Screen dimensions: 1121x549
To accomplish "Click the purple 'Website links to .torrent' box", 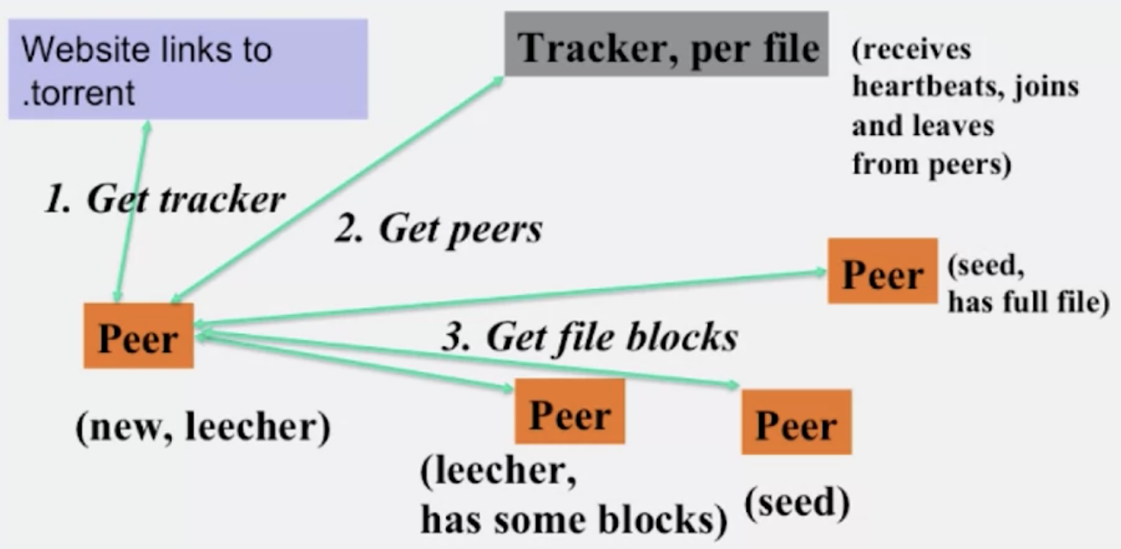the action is pyautogui.click(x=188, y=69).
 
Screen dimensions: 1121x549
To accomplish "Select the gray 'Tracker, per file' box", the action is pyautogui.click(x=666, y=44).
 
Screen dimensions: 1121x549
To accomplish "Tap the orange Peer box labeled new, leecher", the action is pyautogui.click(x=138, y=336).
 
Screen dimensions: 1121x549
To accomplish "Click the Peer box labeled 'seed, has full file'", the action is pyautogui.click(x=882, y=271).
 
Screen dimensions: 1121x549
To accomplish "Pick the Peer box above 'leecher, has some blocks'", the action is pyautogui.click(x=569, y=411).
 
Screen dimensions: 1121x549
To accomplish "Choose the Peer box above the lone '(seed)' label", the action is pyautogui.click(x=796, y=422).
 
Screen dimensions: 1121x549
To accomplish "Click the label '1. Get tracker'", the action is pyautogui.click(x=165, y=200).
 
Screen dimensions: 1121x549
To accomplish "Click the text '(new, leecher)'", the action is pyautogui.click(x=203, y=428).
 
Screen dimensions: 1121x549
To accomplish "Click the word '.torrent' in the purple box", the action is pyautogui.click(x=78, y=93).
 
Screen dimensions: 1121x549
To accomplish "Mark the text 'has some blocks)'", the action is pyautogui.click(x=574, y=521).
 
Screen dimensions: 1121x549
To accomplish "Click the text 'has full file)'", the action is pyautogui.click(x=1029, y=303).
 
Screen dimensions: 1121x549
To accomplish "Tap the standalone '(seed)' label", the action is pyautogui.click(x=798, y=503).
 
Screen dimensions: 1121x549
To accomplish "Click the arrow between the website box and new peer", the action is pyautogui.click(x=132, y=212).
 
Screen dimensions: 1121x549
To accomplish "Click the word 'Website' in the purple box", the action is pyautogui.click(x=84, y=50).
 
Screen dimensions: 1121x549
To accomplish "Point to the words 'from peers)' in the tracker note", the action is pyautogui.click(x=931, y=164).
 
